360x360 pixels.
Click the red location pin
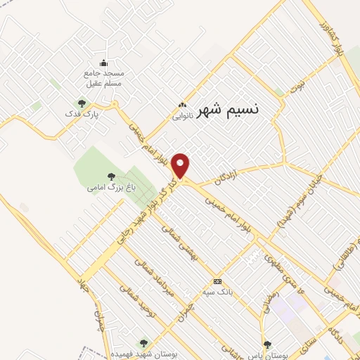click(x=181, y=165)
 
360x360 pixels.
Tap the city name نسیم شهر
click(x=226, y=110)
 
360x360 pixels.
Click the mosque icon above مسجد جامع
click(x=105, y=62)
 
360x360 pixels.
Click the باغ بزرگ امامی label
click(x=110, y=188)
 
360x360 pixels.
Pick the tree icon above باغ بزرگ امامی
click(x=110, y=176)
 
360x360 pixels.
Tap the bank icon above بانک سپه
click(x=217, y=281)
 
